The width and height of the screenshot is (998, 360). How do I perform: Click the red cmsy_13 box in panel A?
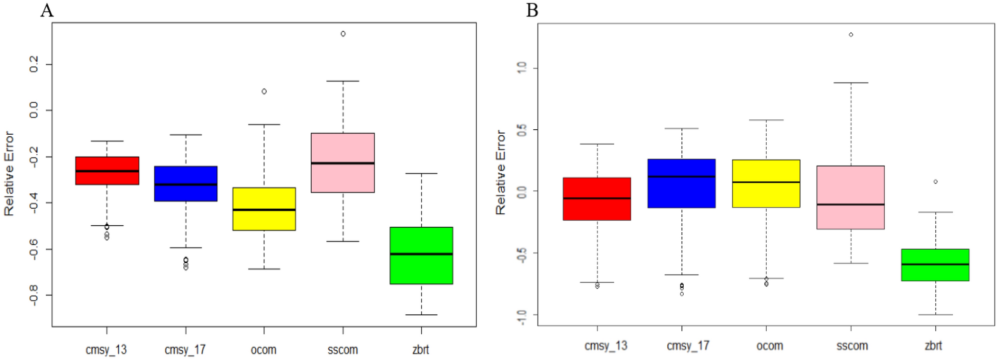pos(107,171)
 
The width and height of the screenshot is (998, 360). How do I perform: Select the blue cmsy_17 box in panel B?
pos(681,183)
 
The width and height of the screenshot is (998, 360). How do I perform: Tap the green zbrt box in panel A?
pos(421,255)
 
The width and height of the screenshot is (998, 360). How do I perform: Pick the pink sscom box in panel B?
pos(850,197)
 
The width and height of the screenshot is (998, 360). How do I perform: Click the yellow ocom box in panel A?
pos(264,209)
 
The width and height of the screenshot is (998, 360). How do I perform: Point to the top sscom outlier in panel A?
pos(343,34)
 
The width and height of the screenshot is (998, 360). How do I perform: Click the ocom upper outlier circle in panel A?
pos(264,91)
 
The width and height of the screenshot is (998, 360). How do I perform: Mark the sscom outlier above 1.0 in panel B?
pos(851,35)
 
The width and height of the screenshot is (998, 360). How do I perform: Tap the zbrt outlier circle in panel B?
pos(935,182)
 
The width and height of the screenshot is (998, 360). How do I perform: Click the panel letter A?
pos(47,10)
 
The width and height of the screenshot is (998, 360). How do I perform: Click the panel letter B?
pos(532,10)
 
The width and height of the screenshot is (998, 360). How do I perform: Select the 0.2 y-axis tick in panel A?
pos(34,64)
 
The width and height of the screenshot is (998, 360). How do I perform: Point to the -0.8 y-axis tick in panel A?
pos(34,295)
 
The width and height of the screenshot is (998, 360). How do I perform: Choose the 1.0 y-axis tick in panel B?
pos(521,68)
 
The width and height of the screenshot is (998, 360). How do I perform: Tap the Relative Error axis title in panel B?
pos(500,173)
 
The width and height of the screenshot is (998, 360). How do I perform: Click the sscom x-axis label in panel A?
pos(343,350)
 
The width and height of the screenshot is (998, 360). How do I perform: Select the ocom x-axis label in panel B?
pos(769,346)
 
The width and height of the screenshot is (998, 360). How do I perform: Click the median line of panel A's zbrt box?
pos(421,254)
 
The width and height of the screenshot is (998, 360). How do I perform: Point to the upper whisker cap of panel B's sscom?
pos(851,83)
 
